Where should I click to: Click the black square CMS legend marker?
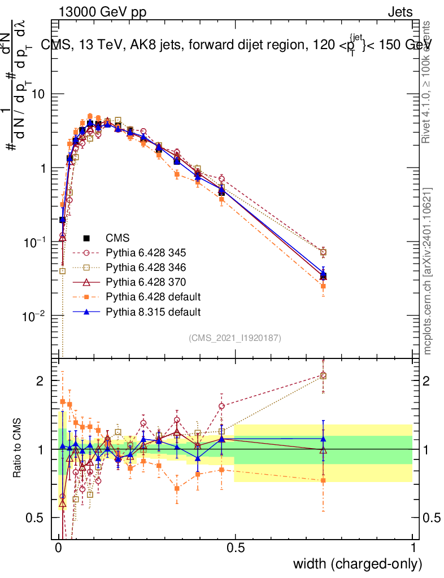coord(86,238)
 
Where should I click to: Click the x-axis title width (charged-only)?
coord(358,564)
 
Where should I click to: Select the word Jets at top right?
coord(399,12)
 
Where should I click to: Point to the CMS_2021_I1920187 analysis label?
coord(235,338)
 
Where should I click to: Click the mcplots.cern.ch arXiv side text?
coord(428,272)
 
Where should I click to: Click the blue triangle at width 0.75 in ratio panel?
coord(323,439)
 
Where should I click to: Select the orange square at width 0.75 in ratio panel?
coord(323,480)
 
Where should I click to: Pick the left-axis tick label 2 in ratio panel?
coord(40,381)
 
